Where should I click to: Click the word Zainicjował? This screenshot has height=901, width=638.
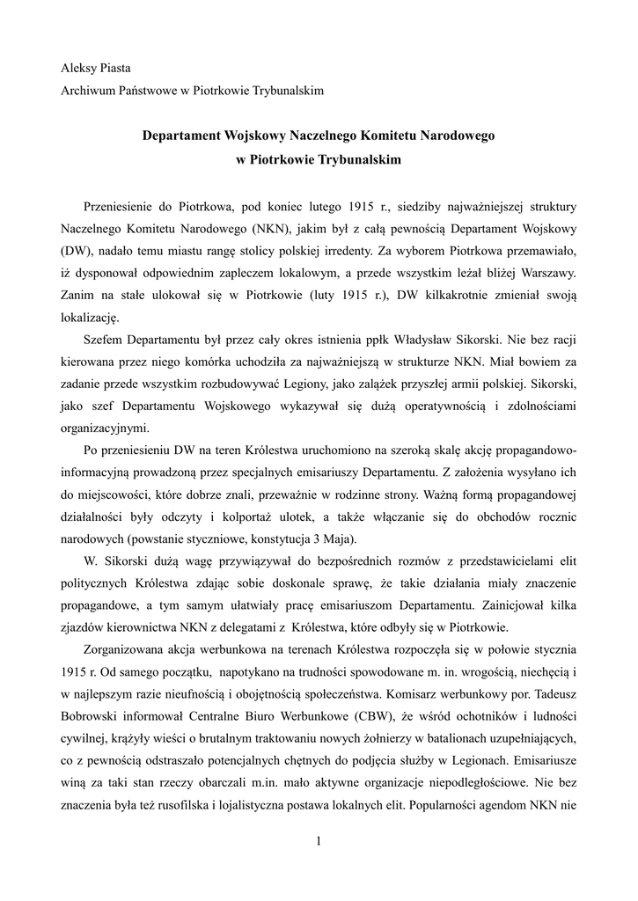click(519, 605)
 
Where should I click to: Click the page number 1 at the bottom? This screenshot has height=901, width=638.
click(319, 842)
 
